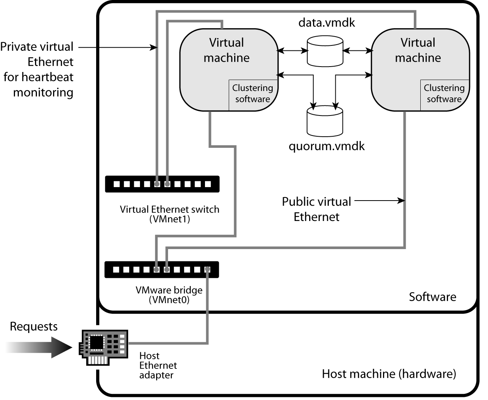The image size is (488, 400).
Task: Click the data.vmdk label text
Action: pos(326,22)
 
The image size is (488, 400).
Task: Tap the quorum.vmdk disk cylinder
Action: pos(325,121)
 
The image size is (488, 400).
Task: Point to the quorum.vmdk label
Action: pos(326,146)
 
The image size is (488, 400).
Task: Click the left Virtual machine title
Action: pos(227,50)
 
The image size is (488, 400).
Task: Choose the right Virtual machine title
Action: pos(418,50)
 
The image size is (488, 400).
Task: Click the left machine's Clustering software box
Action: pos(253,94)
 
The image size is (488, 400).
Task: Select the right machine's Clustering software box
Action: pos(444,94)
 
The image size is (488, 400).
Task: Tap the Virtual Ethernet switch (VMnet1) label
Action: pos(170,214)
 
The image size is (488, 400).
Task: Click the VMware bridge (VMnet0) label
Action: pos(169,295)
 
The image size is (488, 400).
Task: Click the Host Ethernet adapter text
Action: pos(158,365)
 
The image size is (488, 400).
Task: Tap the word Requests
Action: pos(33,326)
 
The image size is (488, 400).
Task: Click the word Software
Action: pos(432,297)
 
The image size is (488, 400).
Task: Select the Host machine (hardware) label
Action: pos(389,373)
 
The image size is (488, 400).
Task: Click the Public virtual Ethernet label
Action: pos(316,209)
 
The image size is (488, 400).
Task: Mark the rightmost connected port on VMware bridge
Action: pos(208,269)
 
